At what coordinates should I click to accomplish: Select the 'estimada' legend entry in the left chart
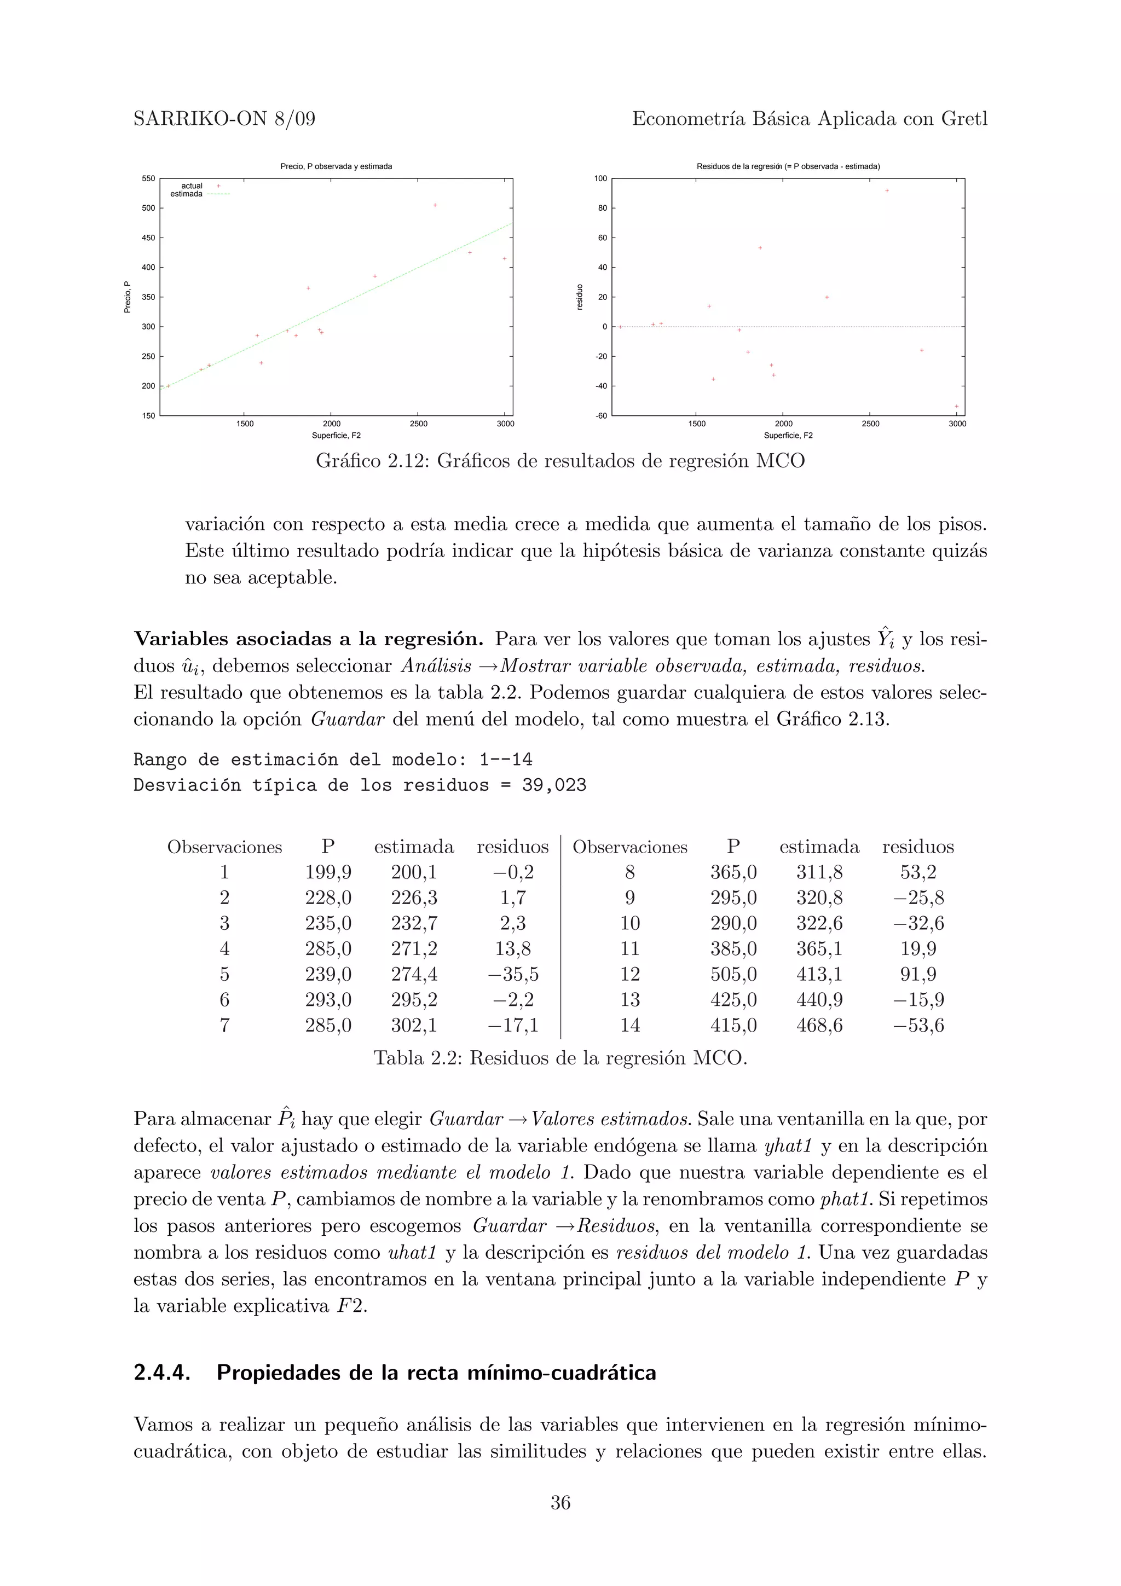pyautogui.click(x=187, y=194)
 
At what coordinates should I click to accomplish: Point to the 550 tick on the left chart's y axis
pyautogui.click(x=148, y=178)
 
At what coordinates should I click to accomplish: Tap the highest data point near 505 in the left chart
pyautogui.click(x=435, y=205)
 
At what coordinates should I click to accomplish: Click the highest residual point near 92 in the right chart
pyautogui.click(x=887, y=190)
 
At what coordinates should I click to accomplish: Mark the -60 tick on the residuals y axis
pyautogui.click(x=601, y=416)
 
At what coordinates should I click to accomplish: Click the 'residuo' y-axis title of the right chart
pyautogui.click(x=580, y=297)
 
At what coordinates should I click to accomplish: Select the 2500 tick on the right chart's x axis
pyautogui.click(x=870, y=424)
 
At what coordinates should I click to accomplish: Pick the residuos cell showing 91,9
pyautogui.click(x=918, y=974)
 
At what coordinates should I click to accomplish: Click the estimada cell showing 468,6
pyautogui.click(x=819, y=1025)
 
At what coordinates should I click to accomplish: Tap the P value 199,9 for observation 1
pyautogui.click(x=328, y=872)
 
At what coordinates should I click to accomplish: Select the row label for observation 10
pyautogui.click(x=630, y=924)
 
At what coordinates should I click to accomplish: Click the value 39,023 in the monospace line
pyautogui.click(x=554, y=785)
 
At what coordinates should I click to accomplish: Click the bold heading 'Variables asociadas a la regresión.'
pyautogui.click(x=309, y=639)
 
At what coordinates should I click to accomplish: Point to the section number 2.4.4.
pyautogui.click(x=161, y=1373)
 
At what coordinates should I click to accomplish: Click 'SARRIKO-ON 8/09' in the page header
pyautogui.click(x=224, y=119)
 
